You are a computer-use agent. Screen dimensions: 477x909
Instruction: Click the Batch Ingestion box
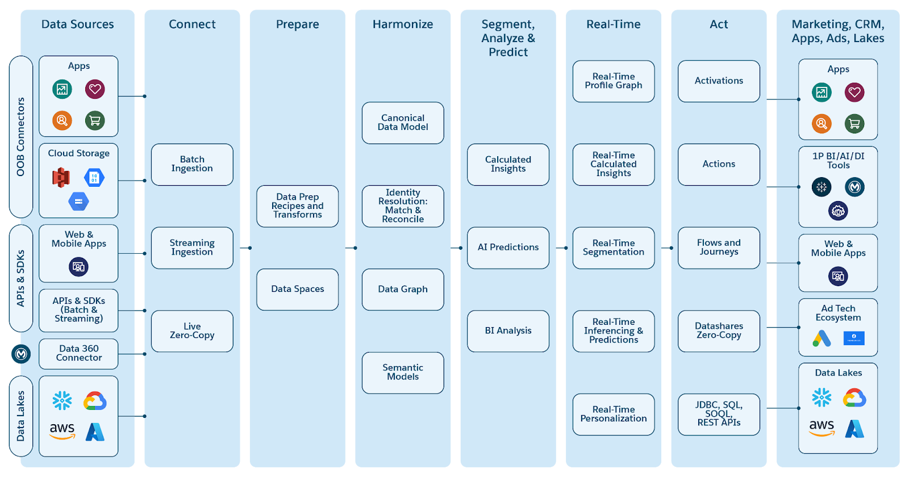point(192,164)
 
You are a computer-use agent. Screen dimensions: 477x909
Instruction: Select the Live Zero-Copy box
point(192,330)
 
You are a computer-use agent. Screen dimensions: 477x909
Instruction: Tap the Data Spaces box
point(297,289)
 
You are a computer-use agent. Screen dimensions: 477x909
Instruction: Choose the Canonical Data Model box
point(403,123)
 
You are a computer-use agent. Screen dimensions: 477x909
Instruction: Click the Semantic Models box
point(403,373)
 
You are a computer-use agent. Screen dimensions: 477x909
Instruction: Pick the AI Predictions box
point(508,248)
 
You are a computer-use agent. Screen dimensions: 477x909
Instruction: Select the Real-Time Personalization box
point(614,414)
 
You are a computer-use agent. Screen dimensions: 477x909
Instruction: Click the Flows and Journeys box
point(719,248)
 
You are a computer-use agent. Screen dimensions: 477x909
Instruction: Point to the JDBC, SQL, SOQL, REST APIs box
point(719,414)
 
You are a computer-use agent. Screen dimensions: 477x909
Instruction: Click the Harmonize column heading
point(403,24)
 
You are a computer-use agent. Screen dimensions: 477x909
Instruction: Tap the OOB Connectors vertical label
point(21,137)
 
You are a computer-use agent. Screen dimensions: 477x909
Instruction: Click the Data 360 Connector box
point(79,353)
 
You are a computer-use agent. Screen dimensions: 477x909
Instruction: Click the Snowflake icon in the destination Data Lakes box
point(822,397)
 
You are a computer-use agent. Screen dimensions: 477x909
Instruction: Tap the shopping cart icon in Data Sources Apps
point(95,120)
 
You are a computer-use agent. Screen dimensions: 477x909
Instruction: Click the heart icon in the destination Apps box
point(854,92)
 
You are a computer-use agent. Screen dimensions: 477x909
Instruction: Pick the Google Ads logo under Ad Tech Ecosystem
point(822,338)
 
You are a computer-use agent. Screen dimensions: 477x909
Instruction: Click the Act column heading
point(719,24)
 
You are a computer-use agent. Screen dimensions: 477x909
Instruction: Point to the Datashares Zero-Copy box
point(719,330)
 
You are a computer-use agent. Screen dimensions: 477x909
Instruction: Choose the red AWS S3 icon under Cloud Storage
point(61,177)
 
